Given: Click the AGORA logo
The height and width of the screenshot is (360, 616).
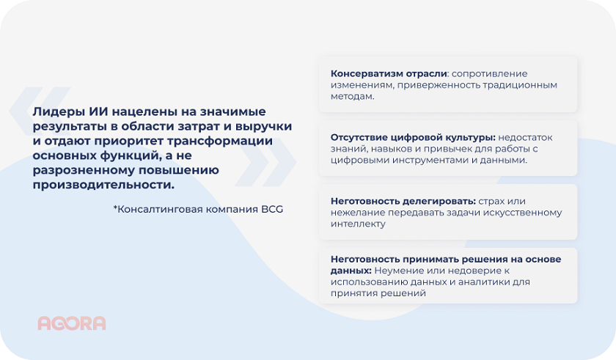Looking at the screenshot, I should click(71, 323).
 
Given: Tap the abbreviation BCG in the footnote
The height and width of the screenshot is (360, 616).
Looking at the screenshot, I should click(271, 209).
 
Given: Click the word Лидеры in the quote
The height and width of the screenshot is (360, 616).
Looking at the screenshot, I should click(55, 111).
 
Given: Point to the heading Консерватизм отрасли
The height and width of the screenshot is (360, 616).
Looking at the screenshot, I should click(389, 73).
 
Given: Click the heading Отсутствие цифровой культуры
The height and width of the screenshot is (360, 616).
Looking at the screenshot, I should click(413, 137).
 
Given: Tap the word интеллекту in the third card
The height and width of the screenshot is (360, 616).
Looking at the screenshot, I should click(357, 224).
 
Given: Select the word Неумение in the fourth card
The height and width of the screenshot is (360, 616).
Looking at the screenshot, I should click(397, 270).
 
